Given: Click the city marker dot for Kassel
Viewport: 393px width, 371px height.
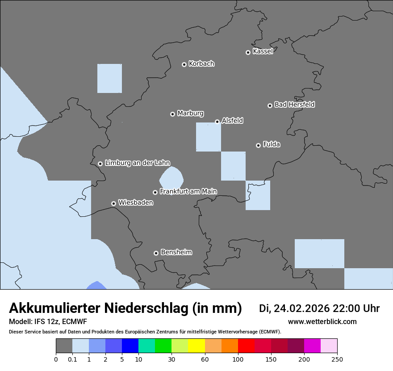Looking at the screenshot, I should (248, 52).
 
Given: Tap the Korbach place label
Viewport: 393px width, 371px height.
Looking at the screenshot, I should (201, 63).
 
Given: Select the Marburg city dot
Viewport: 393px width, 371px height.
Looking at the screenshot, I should (172, 114).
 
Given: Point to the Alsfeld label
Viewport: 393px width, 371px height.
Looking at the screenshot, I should (232, 121).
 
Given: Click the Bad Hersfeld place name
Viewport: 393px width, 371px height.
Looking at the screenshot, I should (294, 105).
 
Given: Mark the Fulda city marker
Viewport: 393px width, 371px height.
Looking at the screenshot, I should (258, 145).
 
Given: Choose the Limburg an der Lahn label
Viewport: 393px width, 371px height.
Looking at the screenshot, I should (137, 163).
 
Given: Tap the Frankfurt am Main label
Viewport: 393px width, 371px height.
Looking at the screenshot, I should (188, 191).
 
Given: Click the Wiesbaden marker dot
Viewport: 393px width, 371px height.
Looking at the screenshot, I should (113, 203).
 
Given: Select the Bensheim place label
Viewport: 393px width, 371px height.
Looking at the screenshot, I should (176, 252).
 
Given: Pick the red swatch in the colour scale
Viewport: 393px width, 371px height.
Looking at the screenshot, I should (246, 346).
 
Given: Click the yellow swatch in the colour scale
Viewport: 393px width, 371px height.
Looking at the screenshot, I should (196, 346).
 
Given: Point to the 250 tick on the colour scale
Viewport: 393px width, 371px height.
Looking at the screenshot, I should (337, 359).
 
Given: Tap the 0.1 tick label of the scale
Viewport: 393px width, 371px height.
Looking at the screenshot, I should (72, 359).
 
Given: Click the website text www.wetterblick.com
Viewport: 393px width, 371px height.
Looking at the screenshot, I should (322, 322).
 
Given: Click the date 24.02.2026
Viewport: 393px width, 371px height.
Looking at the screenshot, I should (301, 308).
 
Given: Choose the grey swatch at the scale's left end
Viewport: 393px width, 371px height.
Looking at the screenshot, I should (64, 346).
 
